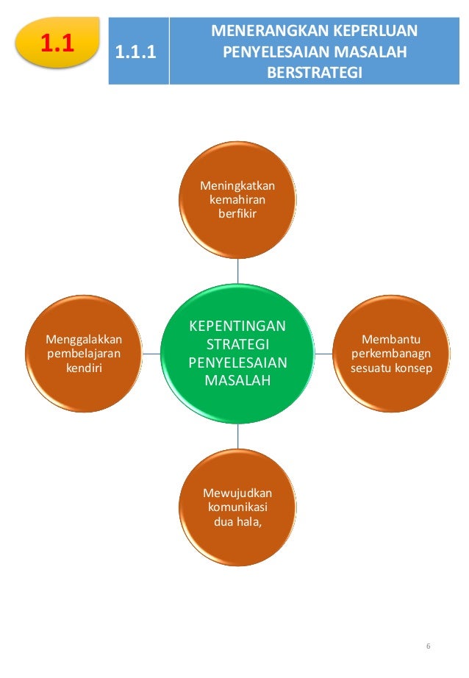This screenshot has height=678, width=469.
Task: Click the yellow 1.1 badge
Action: (57, 44)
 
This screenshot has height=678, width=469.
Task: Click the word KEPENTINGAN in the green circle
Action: (238, 326)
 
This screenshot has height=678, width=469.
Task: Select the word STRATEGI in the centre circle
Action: (238, 344)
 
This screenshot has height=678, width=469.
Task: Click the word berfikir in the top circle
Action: (237, 213)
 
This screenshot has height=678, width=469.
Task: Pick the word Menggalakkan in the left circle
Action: (84, 340)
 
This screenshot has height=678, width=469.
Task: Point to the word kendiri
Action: (84, 366)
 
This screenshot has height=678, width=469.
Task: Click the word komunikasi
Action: (237, 508)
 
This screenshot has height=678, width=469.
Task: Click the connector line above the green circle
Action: (237, 271)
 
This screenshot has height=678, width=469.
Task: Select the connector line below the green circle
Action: (237, 438)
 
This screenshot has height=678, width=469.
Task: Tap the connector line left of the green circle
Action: (151, 354)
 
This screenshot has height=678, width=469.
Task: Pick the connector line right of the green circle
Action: (323, 354)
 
